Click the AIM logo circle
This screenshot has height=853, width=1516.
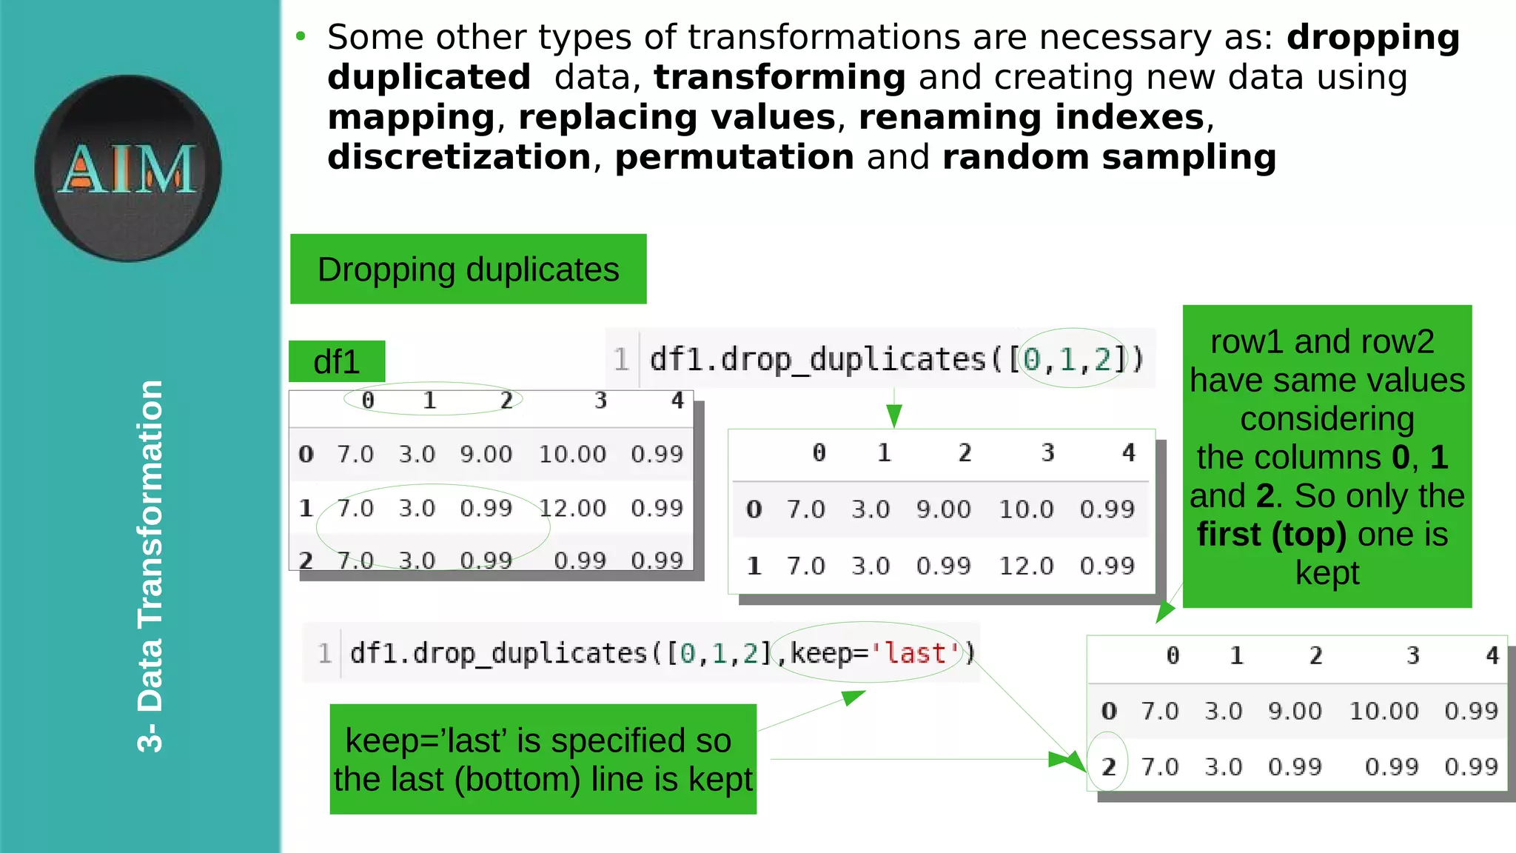tap(128, 168)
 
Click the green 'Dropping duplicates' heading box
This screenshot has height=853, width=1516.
tap(468, 270)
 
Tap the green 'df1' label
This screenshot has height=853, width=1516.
tap(337, 362)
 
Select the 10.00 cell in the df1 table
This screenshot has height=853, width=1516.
tap(572, 454)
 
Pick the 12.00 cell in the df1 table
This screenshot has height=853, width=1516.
tap(572, 508)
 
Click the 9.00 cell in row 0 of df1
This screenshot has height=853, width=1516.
tap(486, 454)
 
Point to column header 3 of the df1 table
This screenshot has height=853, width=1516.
tap(600, 401)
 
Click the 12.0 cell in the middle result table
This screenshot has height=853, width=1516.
tap(1026, 566)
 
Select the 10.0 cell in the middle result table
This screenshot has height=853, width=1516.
tap(1026, 509)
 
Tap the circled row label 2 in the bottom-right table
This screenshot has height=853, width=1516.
tap(1108, 766)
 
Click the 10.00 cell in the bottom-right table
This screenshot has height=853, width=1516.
tap(1383, 711)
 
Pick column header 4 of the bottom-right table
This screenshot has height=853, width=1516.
tap(1492, 655)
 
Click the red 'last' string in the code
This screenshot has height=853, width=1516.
tap(916, 653)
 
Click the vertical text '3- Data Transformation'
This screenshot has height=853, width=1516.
tap(150, 566)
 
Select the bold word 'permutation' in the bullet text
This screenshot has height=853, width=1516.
tap(734, 157)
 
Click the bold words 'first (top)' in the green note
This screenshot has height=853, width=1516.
tap(1271, 534)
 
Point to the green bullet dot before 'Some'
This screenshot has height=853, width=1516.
tap(300, 36)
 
